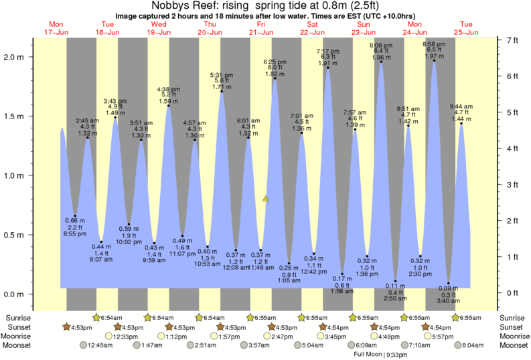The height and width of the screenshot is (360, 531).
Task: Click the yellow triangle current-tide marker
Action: pyautogui.click(x=266, y=199)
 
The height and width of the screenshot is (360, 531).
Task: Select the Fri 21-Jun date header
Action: pyautogui.click(x=260, y=27)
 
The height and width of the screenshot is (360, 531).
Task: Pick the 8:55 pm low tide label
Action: pyautogui.click(x=75, y=234)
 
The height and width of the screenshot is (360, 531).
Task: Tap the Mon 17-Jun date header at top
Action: pyautogui.click(x=56, y=27)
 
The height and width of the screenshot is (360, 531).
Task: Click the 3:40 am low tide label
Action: pyautogui.click(x=449, y=301)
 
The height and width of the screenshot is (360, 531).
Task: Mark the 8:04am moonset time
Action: pyautogui.click(x=474, y=345)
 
